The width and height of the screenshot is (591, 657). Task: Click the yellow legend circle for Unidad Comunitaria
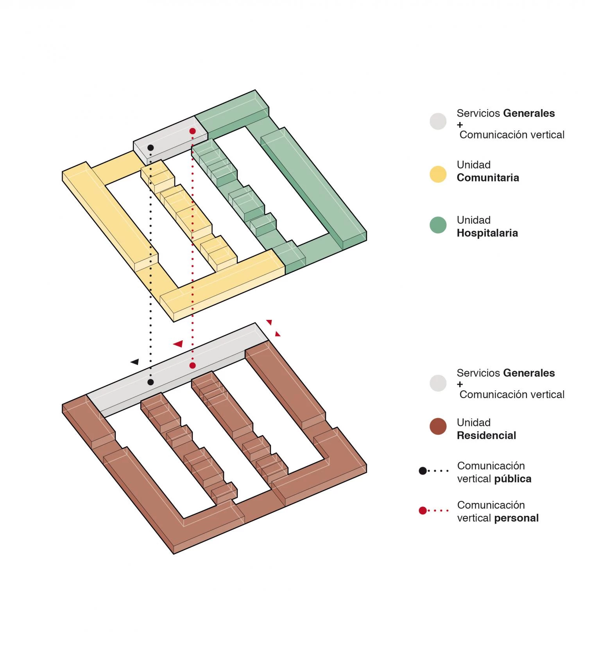[438, 174]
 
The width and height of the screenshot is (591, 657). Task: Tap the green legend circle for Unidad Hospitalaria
[438, 225]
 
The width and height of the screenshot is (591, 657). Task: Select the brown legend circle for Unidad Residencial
[438, 427]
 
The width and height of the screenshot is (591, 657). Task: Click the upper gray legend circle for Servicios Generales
[438, 121]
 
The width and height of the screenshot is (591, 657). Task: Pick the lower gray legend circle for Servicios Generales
[438, 383]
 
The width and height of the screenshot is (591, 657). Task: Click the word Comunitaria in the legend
[488, 178]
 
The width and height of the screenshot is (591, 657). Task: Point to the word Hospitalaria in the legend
[487, 233]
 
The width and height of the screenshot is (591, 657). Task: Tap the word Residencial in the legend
[486, 435]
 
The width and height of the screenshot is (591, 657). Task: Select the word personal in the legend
[516, 518]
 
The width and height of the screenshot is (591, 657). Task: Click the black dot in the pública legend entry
[423, 471]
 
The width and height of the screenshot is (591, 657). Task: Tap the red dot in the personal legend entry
[423, 510]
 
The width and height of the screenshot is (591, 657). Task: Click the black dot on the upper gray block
[150, 148]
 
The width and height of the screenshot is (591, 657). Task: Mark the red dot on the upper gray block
[192, 131]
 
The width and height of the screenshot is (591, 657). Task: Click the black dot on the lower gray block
[150, 382]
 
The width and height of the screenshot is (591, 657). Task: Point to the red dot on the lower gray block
[192, 365]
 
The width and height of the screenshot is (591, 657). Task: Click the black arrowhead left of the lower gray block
[135, 362]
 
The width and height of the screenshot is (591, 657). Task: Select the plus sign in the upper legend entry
[460, 125]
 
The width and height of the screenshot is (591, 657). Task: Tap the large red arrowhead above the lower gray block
[179, 344]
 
